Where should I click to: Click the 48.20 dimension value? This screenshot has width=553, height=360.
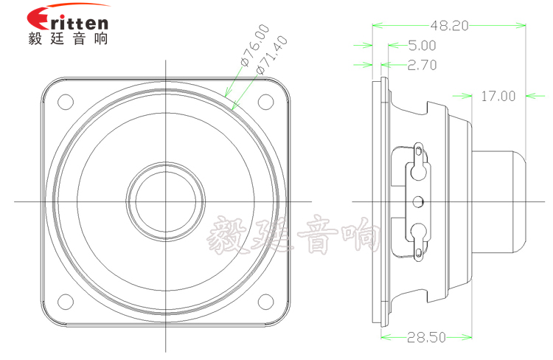click(449, 26)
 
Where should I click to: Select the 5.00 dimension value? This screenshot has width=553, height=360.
click(421, 46)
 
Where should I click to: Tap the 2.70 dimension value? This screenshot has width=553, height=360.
click(421, 65)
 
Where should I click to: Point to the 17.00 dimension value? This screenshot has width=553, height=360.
click(498, 95)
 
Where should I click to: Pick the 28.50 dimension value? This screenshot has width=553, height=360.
click(425, 338)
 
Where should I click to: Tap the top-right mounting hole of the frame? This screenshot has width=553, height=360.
click(265, 101)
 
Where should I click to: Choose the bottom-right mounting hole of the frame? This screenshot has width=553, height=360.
click(265, 302)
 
